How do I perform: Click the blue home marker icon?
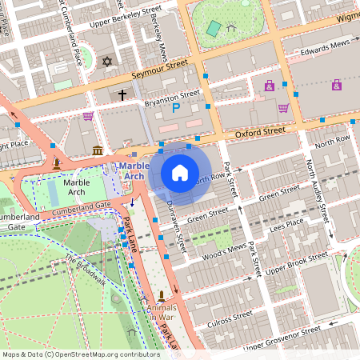tap(180, 172)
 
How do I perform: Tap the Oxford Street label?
tap(258, 130)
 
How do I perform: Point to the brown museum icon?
tap(98, 151)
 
